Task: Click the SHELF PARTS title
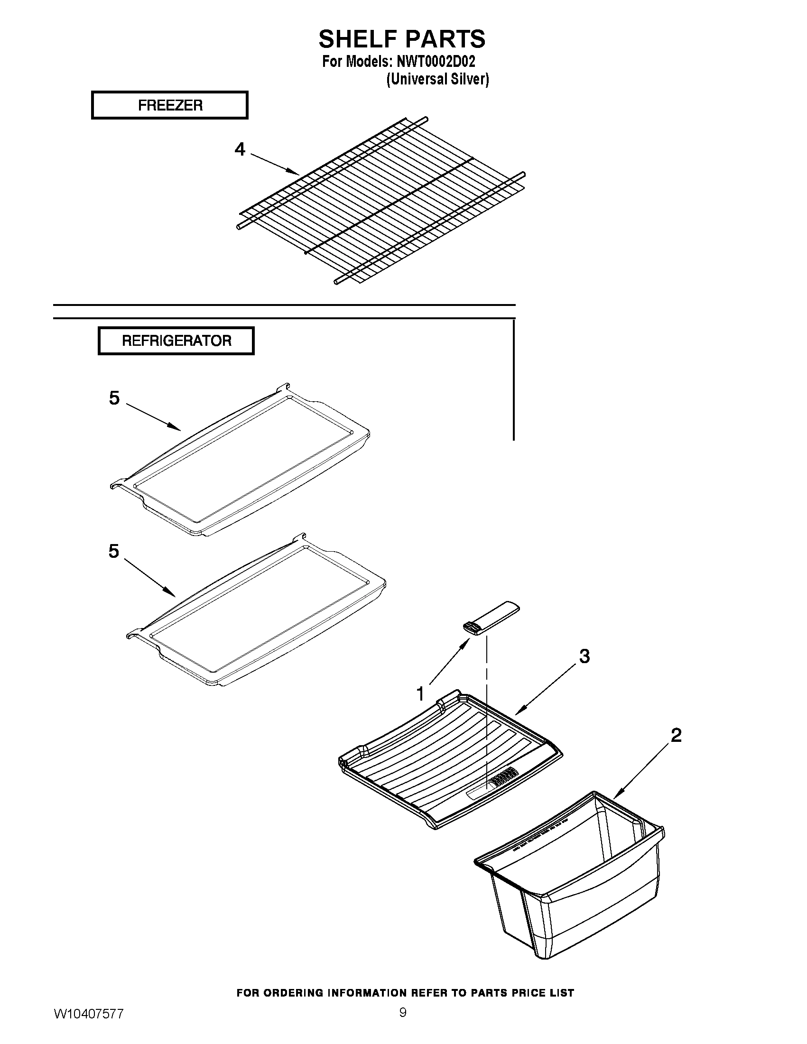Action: pyautogui.click(x=401, y=39)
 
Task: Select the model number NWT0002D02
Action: pyautogui.click(x=435, y=62)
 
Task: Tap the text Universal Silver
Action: pyautogui.click(x=437, y=79)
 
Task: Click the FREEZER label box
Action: pyautogui.click(x=170, y=105)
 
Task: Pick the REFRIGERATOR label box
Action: pyautogui.click(x=176, y=341)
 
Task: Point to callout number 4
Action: pyautogui.click(x=240, y=149)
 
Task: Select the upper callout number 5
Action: pyautogui.click(x=114, y=397)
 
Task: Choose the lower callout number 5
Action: pyautogui.click(x=113, y=551)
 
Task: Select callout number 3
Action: pyautogui.click(x=584, y=656)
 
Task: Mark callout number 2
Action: pyautogui.click(x=676, y=735)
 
